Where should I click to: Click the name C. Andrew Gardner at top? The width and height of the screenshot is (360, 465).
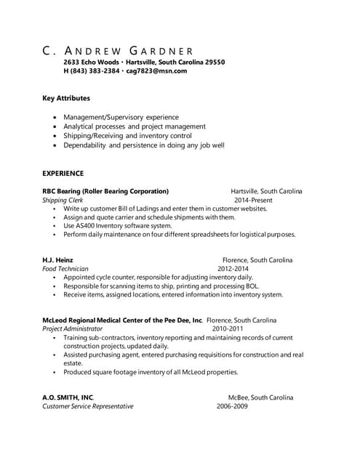coord(117,51)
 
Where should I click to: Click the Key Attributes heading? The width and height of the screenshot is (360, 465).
coord(66,97)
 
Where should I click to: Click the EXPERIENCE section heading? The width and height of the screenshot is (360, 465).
coord(63,174)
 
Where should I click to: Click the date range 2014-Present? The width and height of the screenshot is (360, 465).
coord(253,200)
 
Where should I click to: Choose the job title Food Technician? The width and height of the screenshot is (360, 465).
coord(65,268)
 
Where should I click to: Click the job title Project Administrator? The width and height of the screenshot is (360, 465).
coord(73,328)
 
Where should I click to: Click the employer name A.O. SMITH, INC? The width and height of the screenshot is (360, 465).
coord(68,397)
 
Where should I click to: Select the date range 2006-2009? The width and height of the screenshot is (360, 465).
coord(232,406)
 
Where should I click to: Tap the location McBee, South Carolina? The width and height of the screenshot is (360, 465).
coord(260,397)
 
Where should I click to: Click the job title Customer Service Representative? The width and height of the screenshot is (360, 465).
coord(88,406)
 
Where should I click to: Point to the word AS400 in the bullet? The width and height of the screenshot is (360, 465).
coord(84,226)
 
